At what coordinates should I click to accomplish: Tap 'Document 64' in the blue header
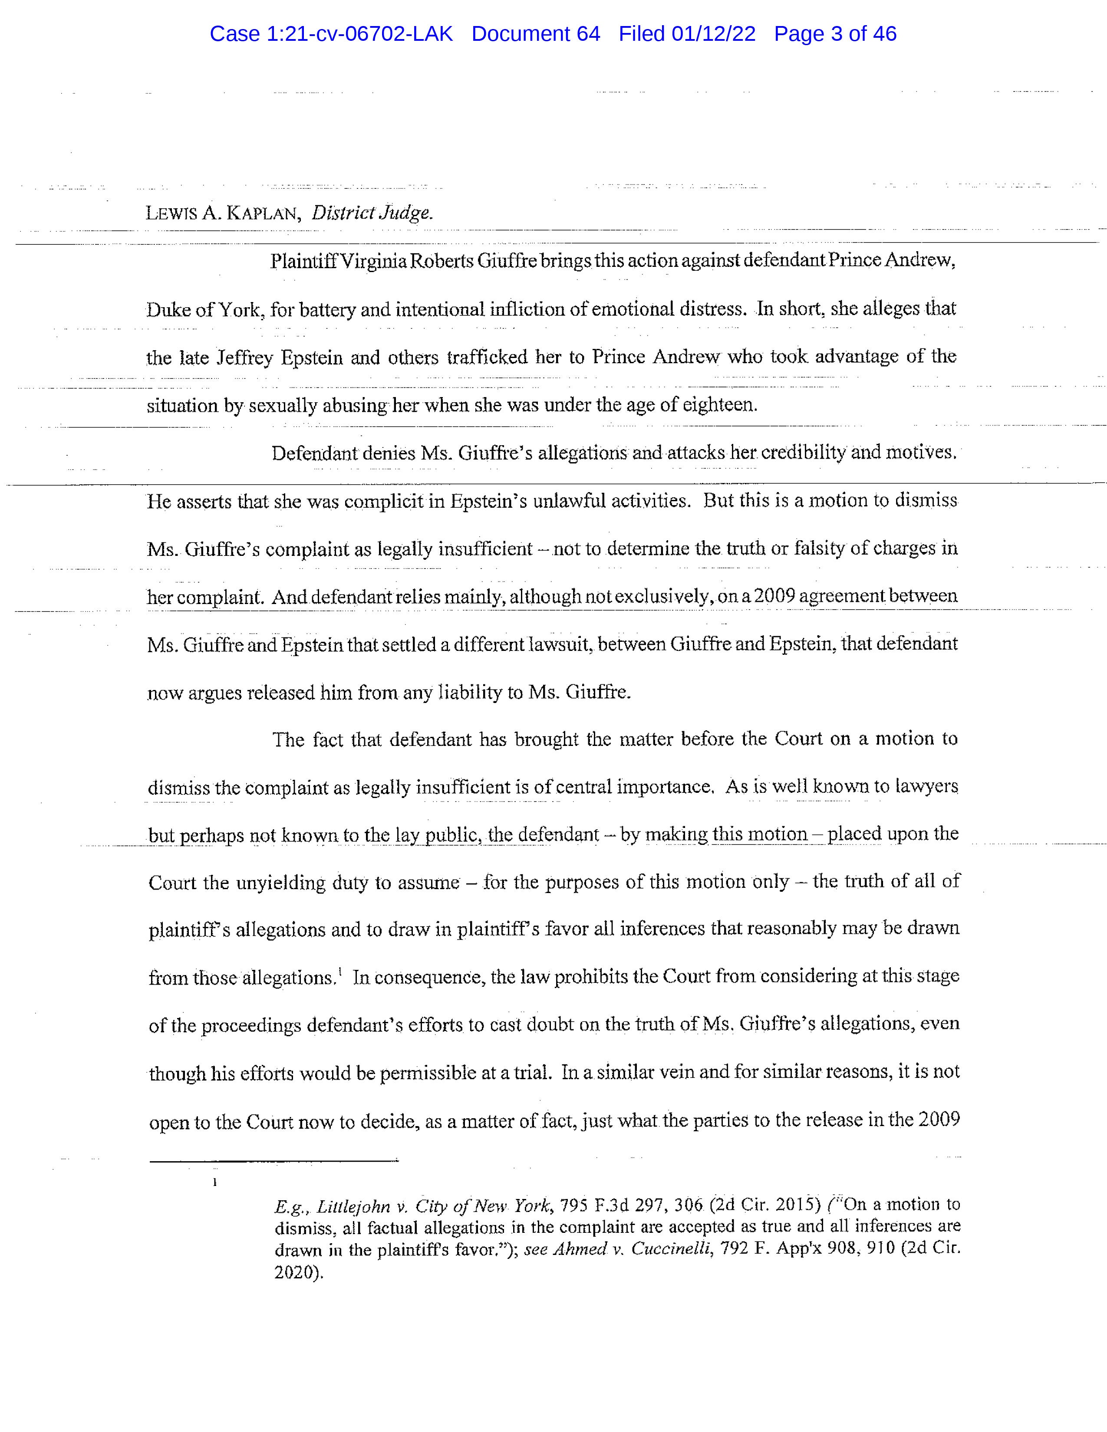(535, 34)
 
